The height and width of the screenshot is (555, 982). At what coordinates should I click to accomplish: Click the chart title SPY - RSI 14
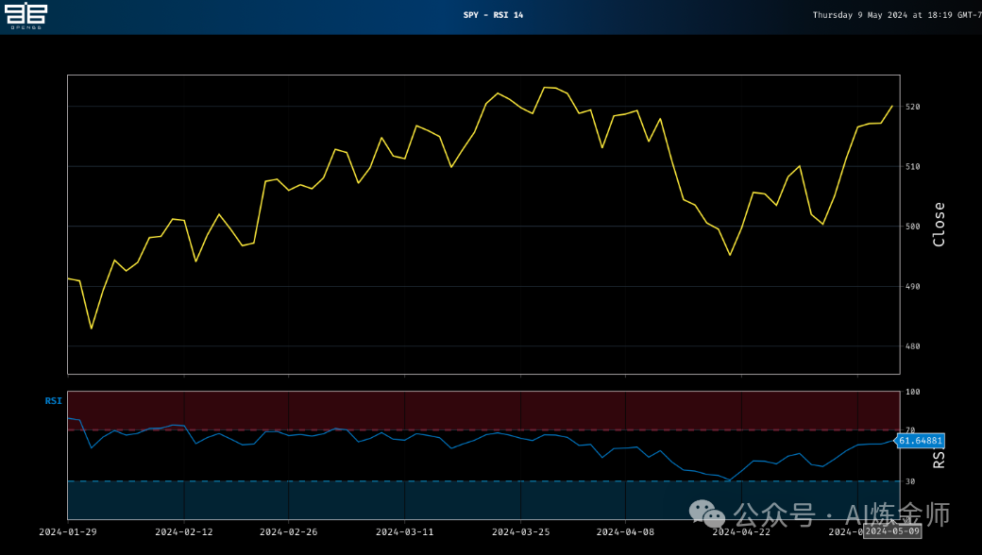(493, 15)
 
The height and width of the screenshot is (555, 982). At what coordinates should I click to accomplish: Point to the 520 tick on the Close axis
(912, 107)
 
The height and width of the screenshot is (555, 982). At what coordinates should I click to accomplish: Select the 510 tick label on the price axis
(912, 167)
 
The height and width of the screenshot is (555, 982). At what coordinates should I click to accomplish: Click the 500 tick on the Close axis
(912, 227)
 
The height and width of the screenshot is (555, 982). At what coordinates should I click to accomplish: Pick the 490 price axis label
(912, 287)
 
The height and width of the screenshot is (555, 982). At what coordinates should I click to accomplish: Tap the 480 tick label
(912, 346)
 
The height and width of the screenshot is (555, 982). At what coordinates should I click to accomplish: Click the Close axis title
(939, 225)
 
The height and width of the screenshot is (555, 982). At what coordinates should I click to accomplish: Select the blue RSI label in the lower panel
(53, 401)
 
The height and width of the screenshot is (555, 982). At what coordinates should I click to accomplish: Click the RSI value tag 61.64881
(920, 441)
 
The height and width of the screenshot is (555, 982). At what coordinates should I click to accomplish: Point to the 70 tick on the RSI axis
(911, 430)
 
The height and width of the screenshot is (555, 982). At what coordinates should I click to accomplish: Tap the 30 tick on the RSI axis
(911, 481)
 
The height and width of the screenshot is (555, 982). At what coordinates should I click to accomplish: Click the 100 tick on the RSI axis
(913, 392)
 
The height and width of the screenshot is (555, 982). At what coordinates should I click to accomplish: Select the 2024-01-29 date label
(67, 531)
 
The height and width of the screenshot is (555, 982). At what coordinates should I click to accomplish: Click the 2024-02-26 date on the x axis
(288, 531)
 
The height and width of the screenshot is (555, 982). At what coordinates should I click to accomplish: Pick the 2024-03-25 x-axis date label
(520, 531)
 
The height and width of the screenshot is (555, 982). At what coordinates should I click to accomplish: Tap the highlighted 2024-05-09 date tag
(892, 531)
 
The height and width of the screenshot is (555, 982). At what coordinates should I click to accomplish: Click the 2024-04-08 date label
(625, 531)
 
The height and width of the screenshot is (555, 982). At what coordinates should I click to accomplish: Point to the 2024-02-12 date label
(183, 531)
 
